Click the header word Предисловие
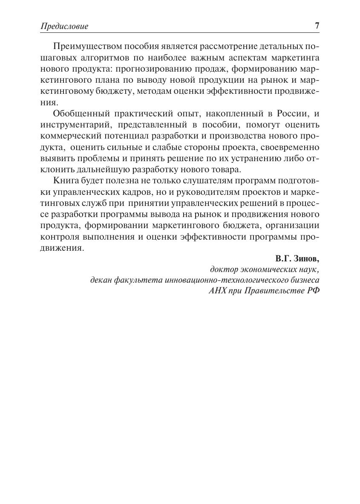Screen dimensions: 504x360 coord(64,26)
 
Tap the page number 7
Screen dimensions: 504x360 coord(317,26)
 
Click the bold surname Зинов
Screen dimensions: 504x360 coord(306,259)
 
